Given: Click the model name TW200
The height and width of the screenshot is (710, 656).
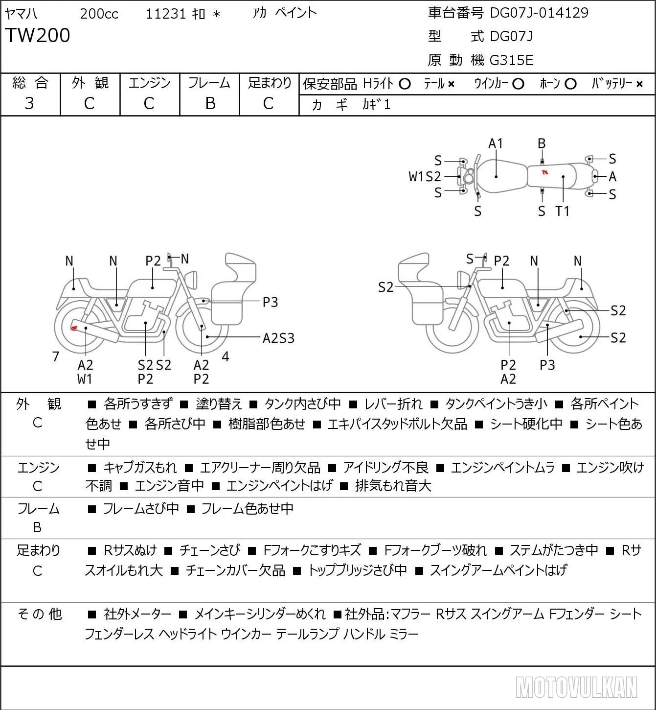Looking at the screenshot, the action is (37, 35).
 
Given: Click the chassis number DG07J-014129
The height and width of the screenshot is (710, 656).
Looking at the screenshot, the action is (539, 13).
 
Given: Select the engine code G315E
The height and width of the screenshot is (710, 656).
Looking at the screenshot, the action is (511, 60).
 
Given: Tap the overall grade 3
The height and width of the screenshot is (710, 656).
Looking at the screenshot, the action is (29, 103).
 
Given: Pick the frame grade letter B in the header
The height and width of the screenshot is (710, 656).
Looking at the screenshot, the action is (210, 103).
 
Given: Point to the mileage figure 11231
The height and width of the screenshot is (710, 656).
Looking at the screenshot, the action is (166, 14).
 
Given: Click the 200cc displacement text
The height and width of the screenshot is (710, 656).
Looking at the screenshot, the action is (99, 14).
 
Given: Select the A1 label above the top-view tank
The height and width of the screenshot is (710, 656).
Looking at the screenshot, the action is (496, 143).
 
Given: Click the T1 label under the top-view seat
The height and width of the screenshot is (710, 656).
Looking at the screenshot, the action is (563, 211).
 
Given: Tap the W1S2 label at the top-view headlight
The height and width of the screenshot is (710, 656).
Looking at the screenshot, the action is (425, 176).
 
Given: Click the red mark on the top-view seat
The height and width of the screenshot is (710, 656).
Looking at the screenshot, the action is (544, 172).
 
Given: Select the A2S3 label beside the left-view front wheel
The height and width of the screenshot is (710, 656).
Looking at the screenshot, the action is (278, 338).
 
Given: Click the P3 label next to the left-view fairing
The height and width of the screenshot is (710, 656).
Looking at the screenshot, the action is (270, 302).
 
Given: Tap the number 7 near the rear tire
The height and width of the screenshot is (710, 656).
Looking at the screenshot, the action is (55, 356).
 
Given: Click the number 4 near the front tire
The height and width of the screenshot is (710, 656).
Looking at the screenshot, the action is (226, 356).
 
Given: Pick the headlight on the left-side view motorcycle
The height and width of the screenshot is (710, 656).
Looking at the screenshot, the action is (191, 279).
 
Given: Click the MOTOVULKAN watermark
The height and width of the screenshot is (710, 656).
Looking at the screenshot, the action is (576, 687).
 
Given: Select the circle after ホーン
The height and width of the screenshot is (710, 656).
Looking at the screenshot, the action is (570, 84).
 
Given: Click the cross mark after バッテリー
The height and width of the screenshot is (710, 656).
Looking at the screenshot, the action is (639, 84).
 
